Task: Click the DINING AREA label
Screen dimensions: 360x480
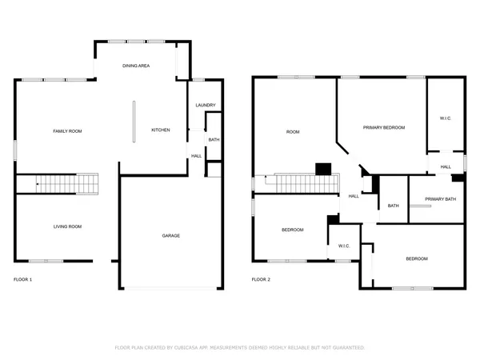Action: (136, 66)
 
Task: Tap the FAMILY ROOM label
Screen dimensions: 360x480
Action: (67, 131)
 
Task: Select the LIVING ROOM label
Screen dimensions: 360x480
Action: (67, 226)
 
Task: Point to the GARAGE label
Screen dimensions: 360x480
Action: (170, 236)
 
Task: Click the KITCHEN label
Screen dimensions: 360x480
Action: (161, 130)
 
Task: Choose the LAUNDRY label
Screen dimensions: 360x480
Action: (205, 106)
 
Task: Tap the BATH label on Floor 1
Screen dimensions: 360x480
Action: (214, 140)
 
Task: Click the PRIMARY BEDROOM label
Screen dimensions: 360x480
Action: (383, 128)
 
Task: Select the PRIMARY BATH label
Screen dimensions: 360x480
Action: (440, 199)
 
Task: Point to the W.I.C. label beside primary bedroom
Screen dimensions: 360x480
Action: (446, 118)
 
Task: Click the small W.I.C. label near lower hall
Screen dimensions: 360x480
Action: (345, 246)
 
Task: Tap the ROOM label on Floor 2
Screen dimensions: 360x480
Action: (292, 131)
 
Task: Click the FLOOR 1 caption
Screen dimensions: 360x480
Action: (23, 280)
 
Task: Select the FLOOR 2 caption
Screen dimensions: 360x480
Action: (262, 280)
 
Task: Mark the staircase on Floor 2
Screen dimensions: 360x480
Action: (304, 185)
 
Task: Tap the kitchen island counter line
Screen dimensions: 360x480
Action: (134, 121)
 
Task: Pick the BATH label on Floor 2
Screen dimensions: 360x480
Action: (393, 206)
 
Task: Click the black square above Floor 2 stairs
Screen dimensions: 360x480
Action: (323, 168)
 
